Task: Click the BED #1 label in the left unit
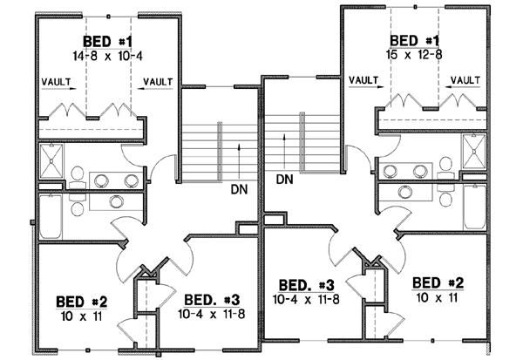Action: tap(107, 41)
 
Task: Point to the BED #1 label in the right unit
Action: tap(415, 41)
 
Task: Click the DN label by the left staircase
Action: tap(241, 188)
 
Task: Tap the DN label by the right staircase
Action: tap(283, 180)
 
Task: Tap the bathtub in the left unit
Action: tap(51, 215)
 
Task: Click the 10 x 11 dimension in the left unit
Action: tap(78, 316)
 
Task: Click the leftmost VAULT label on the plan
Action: tap(56, 82)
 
